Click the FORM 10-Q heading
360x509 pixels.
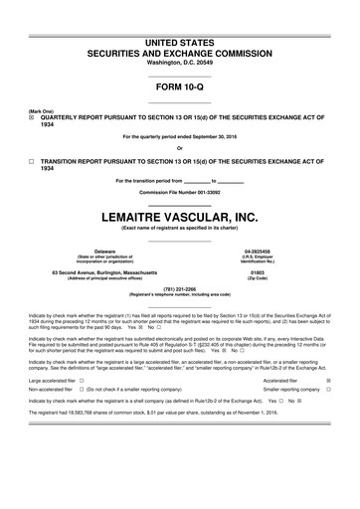[180, 86]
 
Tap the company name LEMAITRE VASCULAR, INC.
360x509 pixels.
[180, 213]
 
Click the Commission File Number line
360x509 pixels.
[180, 192]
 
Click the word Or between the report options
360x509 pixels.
[180, 147]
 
